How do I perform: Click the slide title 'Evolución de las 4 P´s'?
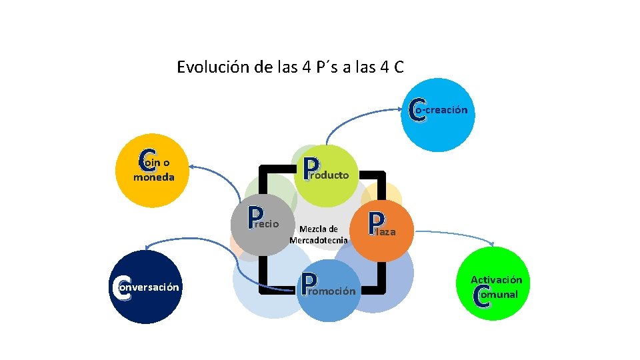(x=290, y=67)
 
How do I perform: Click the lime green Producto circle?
(x=326, y=173)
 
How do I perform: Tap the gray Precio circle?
(x=265, y=223)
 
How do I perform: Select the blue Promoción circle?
(x=328, y=291)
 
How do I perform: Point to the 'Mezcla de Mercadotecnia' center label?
(x=319, y=234)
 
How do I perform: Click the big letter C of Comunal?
(x=481, y=296)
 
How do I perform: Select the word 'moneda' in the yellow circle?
(x=154, y=177)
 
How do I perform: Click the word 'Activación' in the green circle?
(x=496, y=280)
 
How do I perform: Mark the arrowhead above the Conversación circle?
(x=149, y=246)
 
